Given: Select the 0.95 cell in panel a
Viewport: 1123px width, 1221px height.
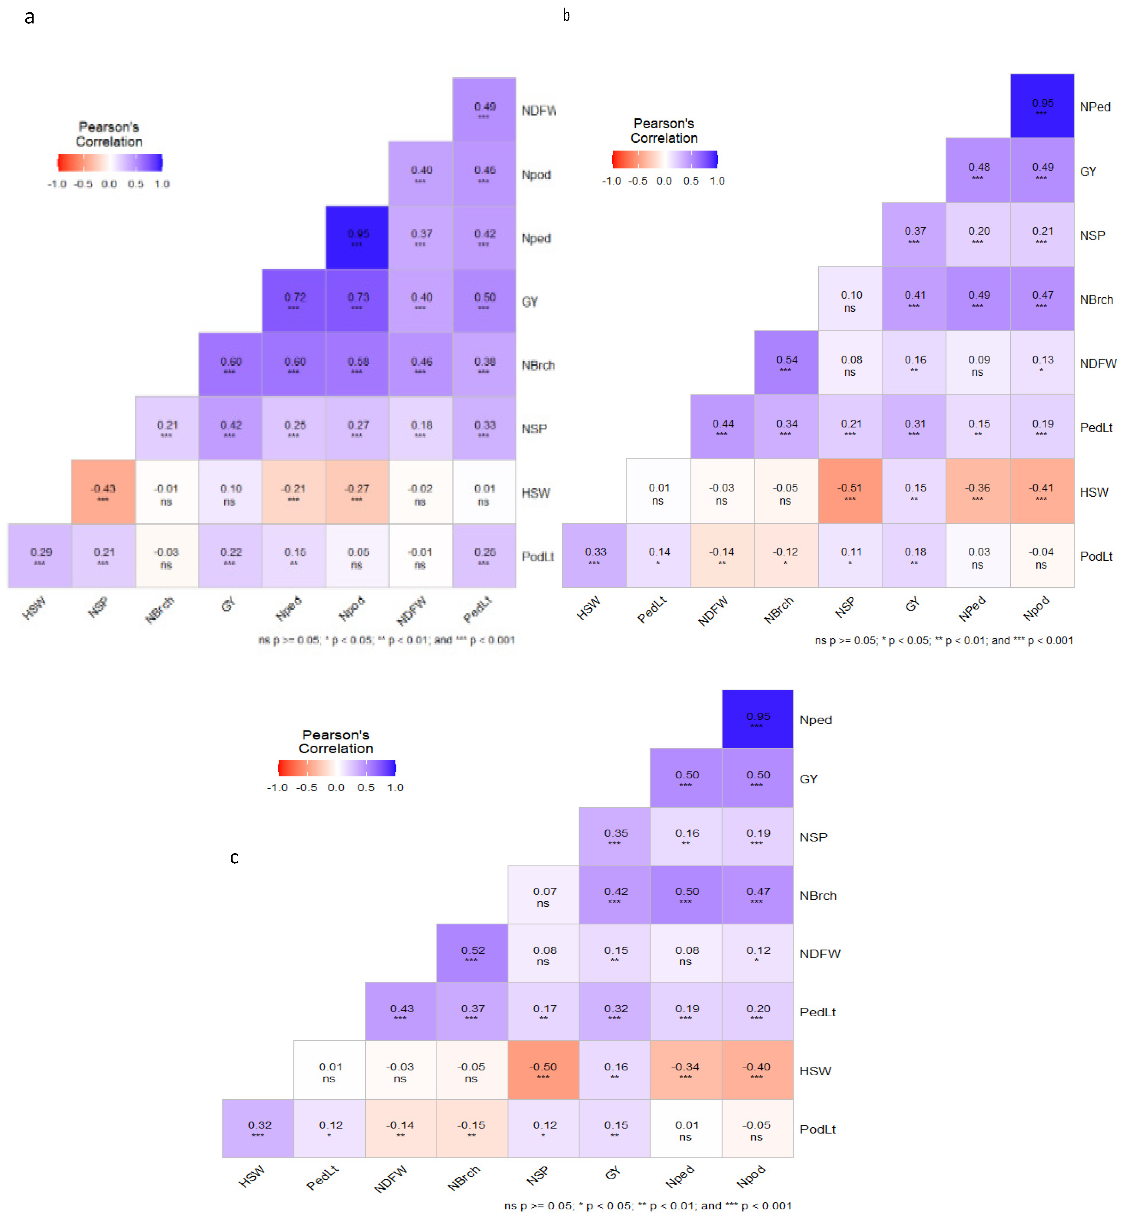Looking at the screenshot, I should (x=357, y=238).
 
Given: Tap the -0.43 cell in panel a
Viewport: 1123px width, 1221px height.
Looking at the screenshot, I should (x=103, y=492).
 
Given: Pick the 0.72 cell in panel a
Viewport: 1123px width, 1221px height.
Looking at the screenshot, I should (x=294, y=301).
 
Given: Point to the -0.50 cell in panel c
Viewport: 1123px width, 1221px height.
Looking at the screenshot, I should (x=543, y=1070).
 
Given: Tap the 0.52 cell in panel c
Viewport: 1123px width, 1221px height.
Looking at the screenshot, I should (x=472, y=953).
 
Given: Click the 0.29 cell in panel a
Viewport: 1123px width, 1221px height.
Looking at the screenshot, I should (x=40, y=555).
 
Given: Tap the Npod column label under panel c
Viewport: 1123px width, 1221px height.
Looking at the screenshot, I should (x=750, y=1177).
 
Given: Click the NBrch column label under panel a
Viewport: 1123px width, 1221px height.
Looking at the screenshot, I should (x=159, y=609).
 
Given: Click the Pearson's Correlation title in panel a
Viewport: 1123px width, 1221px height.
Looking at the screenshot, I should (x=109, y=134).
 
